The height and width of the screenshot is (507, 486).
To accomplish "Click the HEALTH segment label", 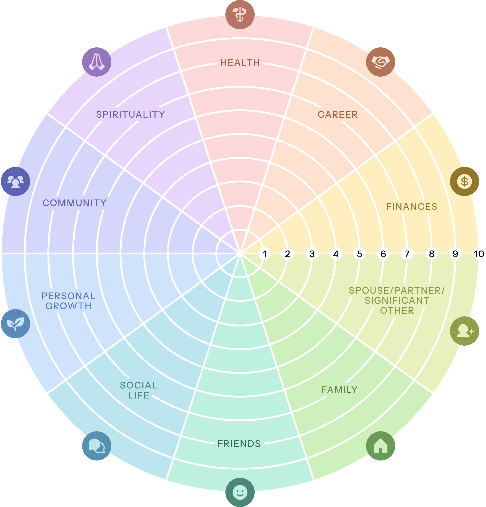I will point(240,63).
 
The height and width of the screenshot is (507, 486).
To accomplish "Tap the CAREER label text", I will point(338,115).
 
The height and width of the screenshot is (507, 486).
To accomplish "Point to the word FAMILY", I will point(340,390).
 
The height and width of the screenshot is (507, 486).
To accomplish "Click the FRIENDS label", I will point(239,444).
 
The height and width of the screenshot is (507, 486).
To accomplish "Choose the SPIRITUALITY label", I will point(131,115).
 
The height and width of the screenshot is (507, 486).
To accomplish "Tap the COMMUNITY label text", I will point(75,203).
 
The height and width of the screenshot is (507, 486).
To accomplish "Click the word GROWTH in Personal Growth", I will point(69,306).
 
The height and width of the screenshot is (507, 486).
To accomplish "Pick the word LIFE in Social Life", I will point(139,395).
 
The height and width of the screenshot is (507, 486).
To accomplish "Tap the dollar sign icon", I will point(465,181).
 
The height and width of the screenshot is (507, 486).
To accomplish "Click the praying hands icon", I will point(97,62).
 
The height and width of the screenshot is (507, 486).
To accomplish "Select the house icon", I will point(380,446).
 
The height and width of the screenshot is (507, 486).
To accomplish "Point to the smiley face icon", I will point(240,492).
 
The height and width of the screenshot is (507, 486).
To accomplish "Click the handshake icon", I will point(380,62).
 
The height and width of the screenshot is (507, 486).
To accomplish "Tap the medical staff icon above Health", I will point(240,15).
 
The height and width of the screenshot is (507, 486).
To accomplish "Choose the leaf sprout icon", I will point(16,324).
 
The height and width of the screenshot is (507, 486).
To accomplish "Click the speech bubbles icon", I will point(97,446).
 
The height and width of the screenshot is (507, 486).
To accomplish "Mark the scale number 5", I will point(359,254).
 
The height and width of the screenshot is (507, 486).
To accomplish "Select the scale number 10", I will point(479,254).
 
